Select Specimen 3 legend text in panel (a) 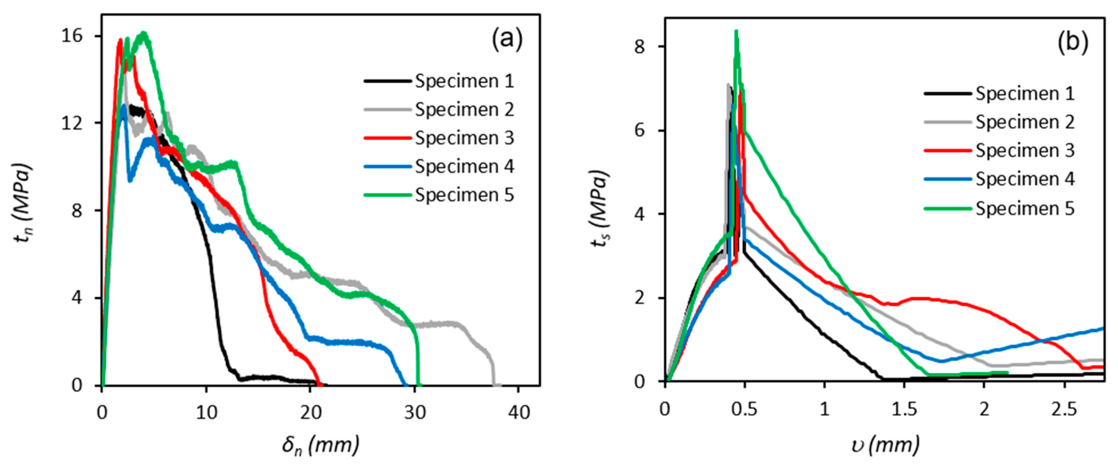(x=464, y=138)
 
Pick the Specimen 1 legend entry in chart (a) (x=438, y=81)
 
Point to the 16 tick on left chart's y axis (x=72, y=36)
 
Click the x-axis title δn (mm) (x=320, y=445)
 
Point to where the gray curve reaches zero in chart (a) (x=494, y=384)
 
